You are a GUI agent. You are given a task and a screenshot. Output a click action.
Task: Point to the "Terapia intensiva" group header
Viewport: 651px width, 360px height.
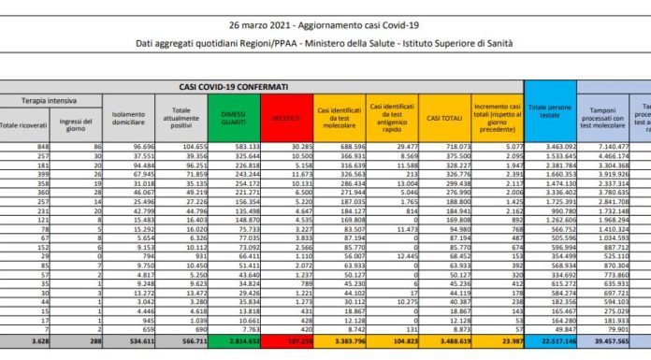click(51, 99)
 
